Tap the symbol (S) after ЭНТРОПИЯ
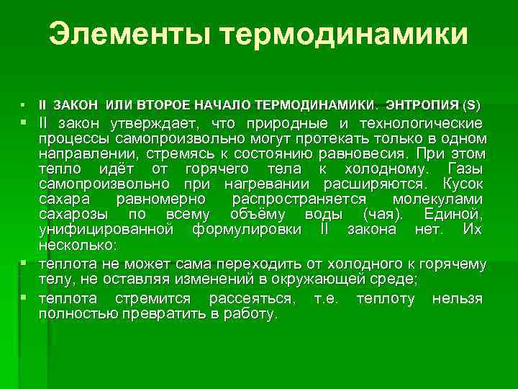point(471,105)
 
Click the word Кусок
point(463,184)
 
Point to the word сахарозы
point(73,214)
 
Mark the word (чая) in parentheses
point(386,214)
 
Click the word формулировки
point(245,229)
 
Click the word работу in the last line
point(250,314)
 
